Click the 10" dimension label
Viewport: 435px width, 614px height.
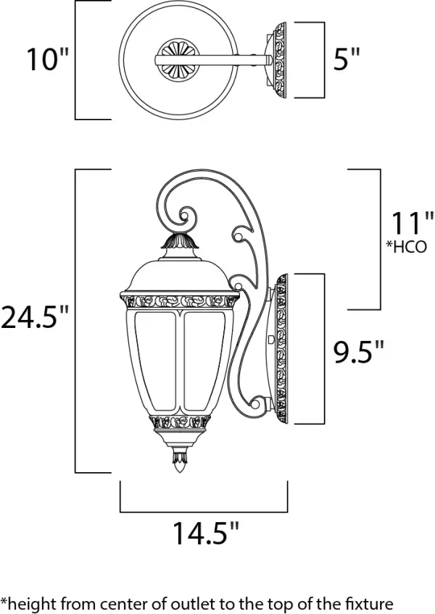pos(46,60)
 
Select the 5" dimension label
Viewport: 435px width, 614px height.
pos(346,60)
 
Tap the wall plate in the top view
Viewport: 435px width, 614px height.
pos(278,60)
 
